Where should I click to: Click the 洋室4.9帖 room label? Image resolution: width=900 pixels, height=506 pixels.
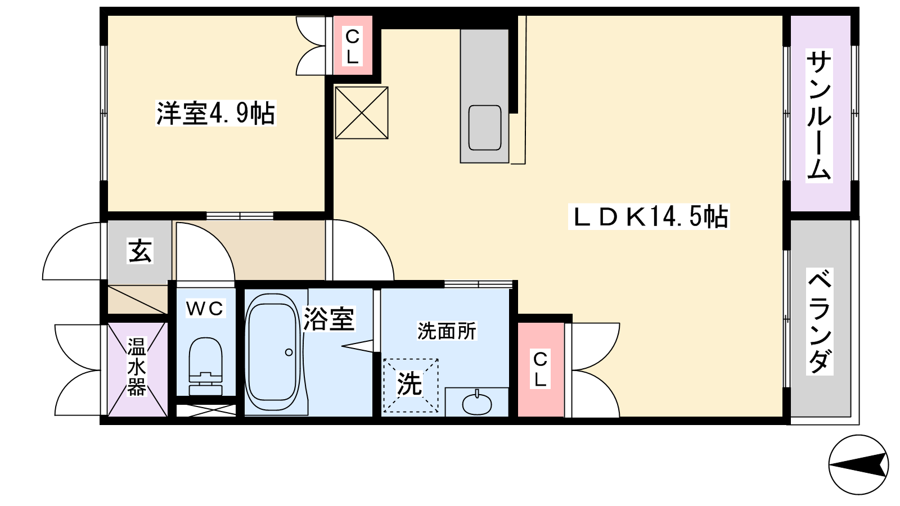click(216, 114)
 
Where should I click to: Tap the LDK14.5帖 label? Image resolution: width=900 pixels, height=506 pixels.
click(649, 217)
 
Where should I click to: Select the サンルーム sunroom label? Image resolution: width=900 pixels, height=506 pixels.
click(818, 115)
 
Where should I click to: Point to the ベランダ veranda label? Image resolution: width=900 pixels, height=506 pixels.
click(819, 321)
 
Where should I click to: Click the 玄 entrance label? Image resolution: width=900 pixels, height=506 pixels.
click(140, 251)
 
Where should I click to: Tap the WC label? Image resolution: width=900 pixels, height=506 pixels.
click(205, 309)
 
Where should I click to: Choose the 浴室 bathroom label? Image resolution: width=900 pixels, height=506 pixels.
click(328, 319)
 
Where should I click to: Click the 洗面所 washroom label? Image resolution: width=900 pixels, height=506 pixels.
click(447, 331)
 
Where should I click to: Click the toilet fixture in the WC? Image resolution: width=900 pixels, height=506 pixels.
click(205, 366)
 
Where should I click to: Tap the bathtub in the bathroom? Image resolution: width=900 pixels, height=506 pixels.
click(273, 352)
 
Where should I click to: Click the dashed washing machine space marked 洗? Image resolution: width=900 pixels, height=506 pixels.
click(410, 385)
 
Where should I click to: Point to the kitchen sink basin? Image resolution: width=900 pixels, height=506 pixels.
click(484, 128)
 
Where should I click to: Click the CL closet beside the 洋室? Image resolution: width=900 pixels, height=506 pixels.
click(353, 46)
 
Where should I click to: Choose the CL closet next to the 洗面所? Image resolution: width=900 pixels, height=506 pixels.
click(541, 369)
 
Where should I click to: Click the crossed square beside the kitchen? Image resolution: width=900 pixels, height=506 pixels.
click(362, 113)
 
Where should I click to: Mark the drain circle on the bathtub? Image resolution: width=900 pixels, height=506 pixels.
click(289, 352)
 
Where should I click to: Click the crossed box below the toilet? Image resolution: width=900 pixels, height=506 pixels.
click(206, 410)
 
